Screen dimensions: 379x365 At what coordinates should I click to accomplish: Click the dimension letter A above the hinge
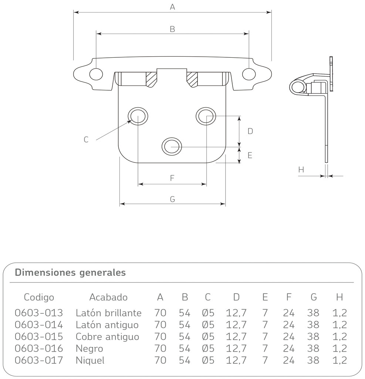[172, 7]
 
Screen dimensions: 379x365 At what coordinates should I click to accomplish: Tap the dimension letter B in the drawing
[172, 29]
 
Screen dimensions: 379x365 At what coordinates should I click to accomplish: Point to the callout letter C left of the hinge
[86, 140]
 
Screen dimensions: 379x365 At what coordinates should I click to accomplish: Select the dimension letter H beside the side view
[301, 170]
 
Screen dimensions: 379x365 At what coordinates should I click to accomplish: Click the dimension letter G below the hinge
[172, 199]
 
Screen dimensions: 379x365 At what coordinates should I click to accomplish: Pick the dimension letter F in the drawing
[172, 178]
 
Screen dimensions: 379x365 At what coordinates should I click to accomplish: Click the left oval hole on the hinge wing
[96, 74]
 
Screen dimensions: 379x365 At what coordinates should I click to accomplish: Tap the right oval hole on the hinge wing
[249, 74]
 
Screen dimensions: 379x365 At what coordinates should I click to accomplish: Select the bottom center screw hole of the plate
[172, 147]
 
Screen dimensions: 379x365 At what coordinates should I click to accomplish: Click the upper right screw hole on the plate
[206, 116]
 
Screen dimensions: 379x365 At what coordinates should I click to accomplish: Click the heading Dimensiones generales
[70, 273]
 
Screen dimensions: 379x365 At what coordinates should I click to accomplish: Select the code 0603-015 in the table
[39, 337]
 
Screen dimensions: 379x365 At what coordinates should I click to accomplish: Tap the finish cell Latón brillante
[108, 313]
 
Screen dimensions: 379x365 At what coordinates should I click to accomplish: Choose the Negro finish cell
[89, 349]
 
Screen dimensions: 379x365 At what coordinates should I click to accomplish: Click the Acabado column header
[108, 297]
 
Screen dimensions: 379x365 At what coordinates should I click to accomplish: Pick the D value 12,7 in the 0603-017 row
[236, 360]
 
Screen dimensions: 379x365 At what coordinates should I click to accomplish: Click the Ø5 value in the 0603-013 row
[208, 313]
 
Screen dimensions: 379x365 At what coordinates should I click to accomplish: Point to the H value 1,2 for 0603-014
[339, 325]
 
